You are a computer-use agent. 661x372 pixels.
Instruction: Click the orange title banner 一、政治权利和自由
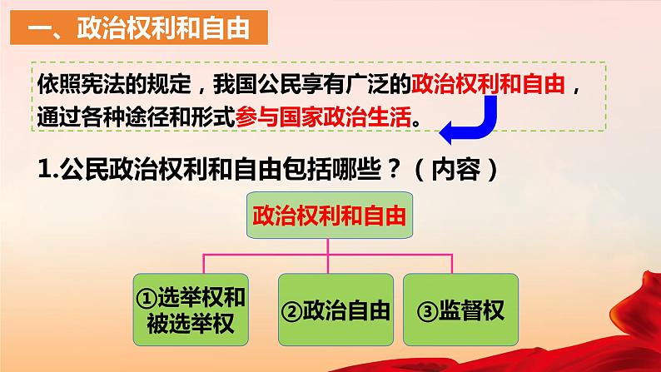(x=139, y=27)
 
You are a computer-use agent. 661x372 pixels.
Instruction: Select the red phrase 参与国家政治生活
(x=323, y=117)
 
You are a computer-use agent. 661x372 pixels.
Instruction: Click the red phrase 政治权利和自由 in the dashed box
(x=488, y=84)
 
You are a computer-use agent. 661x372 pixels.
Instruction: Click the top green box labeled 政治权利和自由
(x=329, y=216)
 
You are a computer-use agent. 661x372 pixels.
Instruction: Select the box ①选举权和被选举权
(x=191, y=310)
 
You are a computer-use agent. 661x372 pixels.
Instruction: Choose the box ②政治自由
(x=335, y=310)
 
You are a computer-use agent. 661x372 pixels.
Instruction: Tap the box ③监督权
(x=460, y=310)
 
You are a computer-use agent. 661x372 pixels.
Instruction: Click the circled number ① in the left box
(x=147, y=298)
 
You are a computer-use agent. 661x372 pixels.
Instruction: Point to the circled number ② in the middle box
(x=291, y=312)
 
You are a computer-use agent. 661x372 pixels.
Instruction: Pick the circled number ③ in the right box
(x=427, y=312)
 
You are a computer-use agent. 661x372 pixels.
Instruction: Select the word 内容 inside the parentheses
(x=455, y=170)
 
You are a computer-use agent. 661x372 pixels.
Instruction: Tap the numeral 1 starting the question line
(x=43, y=170)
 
